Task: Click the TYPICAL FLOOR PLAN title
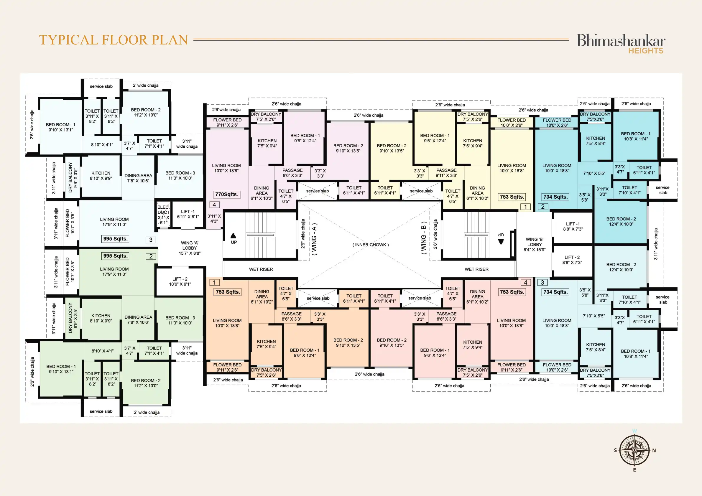[114, 40]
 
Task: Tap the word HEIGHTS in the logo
[646, 51]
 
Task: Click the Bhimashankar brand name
[621, 40]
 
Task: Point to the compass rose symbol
[634, 450]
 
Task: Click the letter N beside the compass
[654, 450]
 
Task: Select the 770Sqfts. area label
[226, 195]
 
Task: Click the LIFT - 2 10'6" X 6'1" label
[180, 281]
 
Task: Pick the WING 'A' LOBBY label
[190, 248]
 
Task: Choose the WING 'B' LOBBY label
[535, 245]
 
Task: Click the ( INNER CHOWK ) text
[371, 245]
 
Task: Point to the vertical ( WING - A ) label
[314, 239]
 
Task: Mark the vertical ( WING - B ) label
[423, 238]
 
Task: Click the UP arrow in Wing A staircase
[233, 236]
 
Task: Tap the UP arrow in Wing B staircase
[501, 242]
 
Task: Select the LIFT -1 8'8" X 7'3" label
[573, 226]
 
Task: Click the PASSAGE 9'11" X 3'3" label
[446, 173]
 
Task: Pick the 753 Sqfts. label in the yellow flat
[512, 197]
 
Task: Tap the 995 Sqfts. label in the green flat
[115, 256]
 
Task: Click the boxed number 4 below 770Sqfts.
[214, 205]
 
